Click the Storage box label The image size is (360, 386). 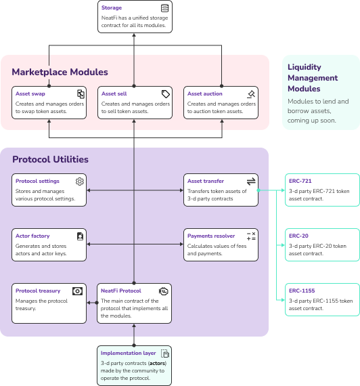point(112,7)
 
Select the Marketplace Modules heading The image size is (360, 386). point(60,72)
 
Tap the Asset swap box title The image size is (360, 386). point(30,93)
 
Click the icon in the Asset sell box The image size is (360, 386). point(166,93)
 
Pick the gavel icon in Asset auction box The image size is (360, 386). point(251,93)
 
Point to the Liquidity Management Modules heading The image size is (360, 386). point(313,78)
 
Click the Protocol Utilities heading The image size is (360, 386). point(50,160)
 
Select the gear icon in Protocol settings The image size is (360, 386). point(80,181)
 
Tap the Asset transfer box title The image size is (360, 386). point(206,181)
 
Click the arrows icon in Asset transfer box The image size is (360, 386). point(251,181)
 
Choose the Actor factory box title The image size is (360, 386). point(32,236)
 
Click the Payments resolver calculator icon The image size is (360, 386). point(251,236)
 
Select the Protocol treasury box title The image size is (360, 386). point(38,291)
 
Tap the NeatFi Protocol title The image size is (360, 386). point(121,291)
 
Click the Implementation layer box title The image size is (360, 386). point(129,353)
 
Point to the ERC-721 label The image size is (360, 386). point(300,181)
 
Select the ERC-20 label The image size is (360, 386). point(298,236)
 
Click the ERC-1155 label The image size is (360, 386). point(301,291)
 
